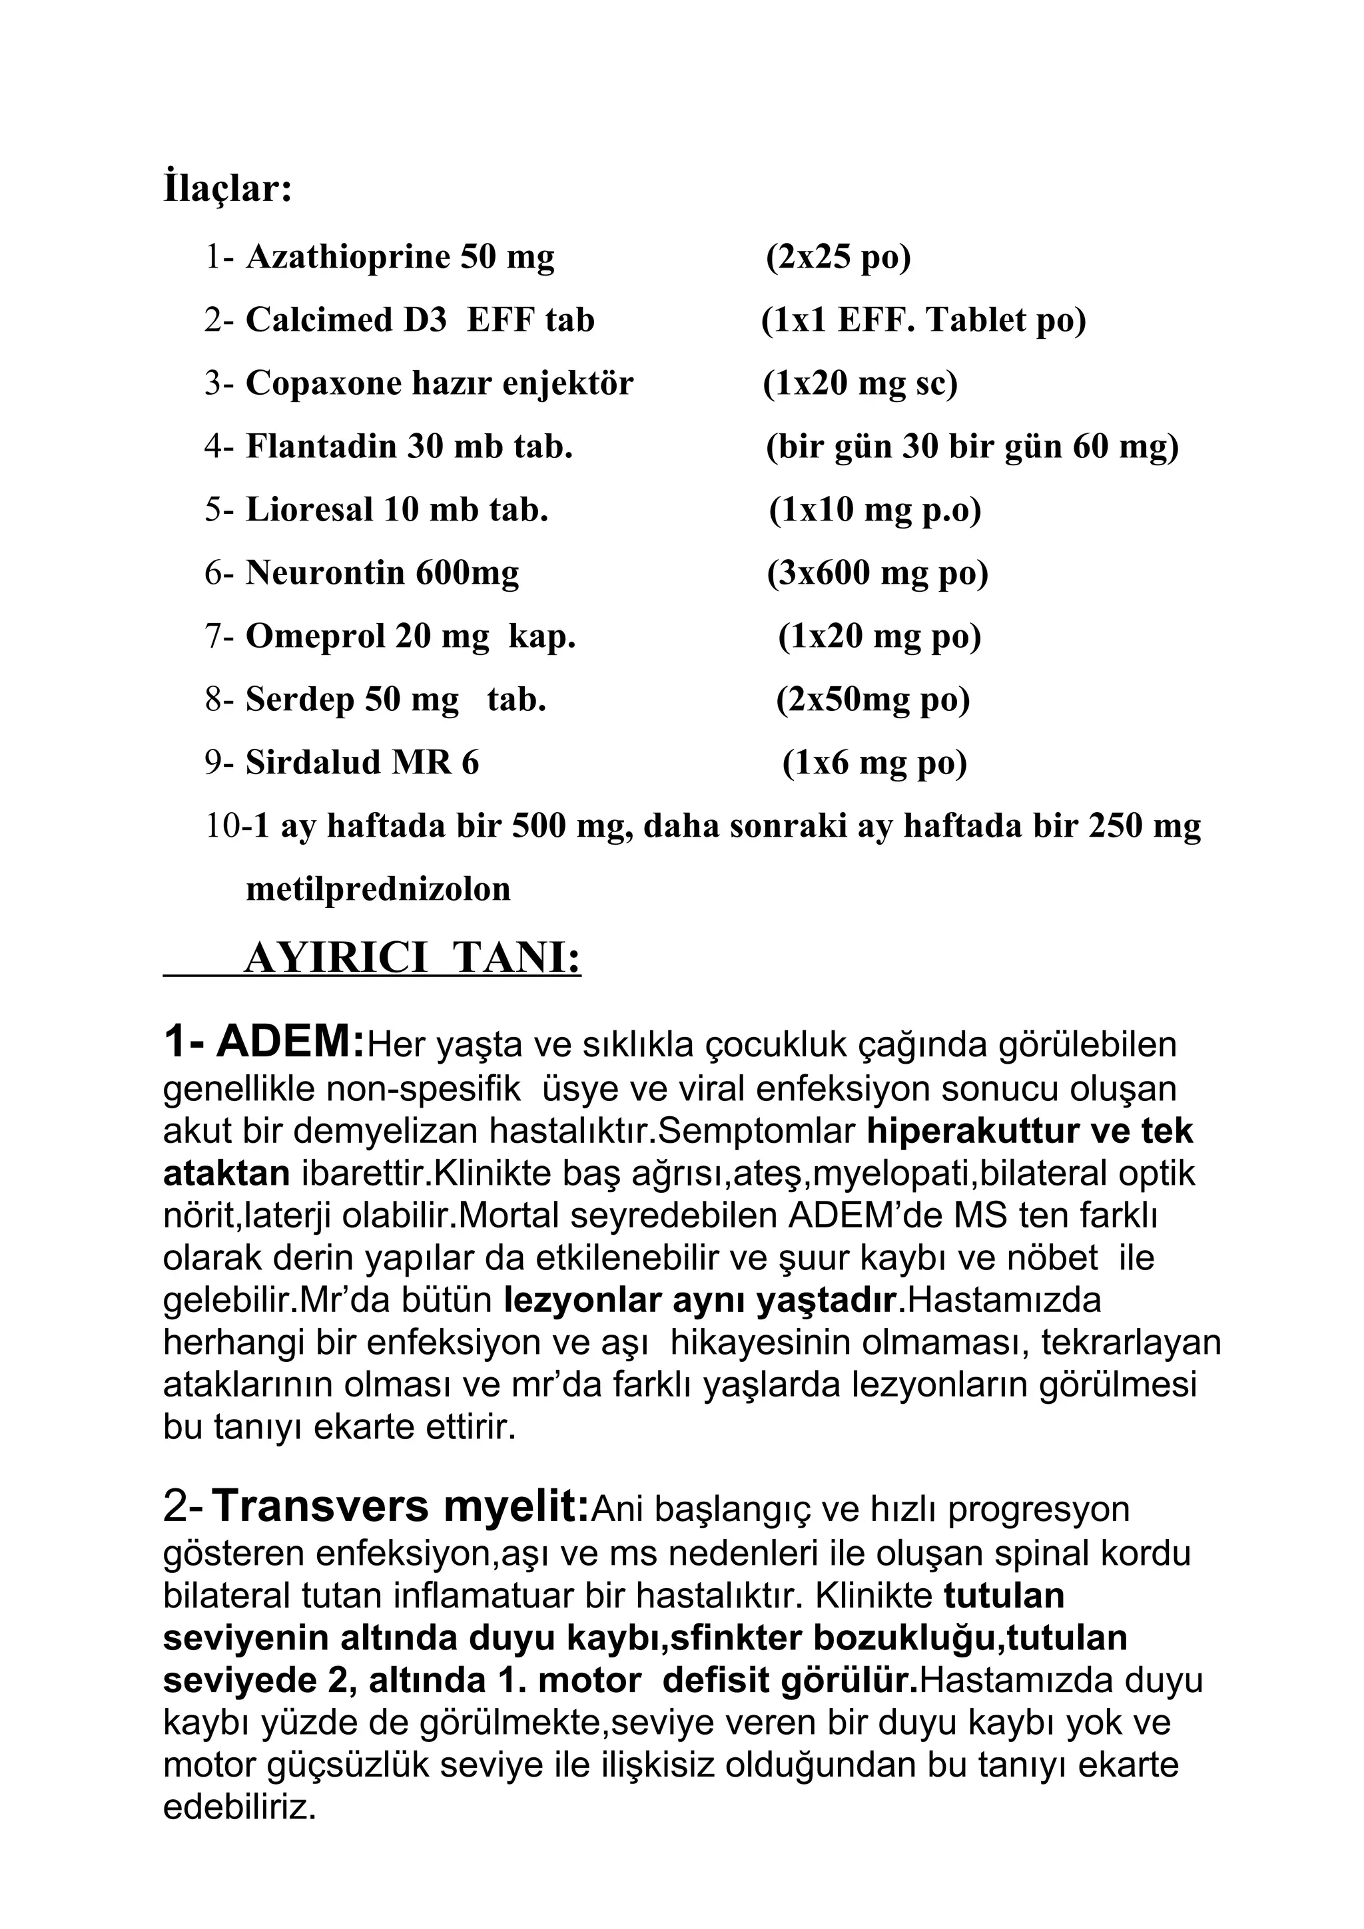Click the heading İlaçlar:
pos(227,188)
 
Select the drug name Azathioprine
pos(348,257)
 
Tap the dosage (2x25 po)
pos(838,257)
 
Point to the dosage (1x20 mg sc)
pos(860,383)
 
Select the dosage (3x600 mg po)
pos(876,573)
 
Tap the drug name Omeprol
pos(314,636)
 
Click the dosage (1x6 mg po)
pos(874,763)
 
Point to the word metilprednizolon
pos(378,889)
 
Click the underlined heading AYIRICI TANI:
pos(412,957)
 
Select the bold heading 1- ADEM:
pos(264,1044)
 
